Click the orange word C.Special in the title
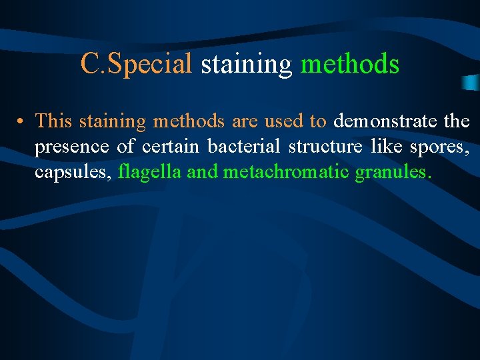point(136,65)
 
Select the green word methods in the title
point(350,64)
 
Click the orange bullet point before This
point(22,122)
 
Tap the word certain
point(170,147)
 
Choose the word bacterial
point(243,147)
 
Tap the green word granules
point(393,173)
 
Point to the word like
point(384,147)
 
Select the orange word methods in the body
point(189,121)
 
